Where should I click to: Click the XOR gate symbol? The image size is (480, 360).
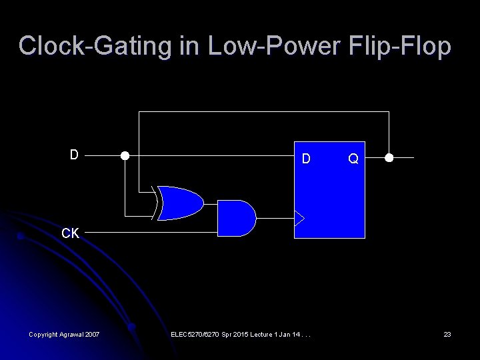[x=180, y=203]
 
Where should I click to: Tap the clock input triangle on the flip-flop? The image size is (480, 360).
[x=299, y=218]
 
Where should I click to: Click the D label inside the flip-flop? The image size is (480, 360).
[x=306, y=159]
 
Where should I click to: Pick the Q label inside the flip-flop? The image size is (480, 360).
[x=353, y=159]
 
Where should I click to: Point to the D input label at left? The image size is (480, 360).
[x=75, y=155]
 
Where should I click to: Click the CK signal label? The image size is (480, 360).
[x=71, y=233]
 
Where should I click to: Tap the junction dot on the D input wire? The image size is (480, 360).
[x=125, y=156]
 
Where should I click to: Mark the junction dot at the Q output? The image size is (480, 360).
[x=389, y=158]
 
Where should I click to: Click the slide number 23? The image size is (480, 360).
[x=447, y=334]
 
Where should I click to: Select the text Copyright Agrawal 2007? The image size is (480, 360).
[x=64, y=334]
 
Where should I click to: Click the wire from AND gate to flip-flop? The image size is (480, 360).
[x=275, y=218]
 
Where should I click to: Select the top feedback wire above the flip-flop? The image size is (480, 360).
[x=263, y=111]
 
